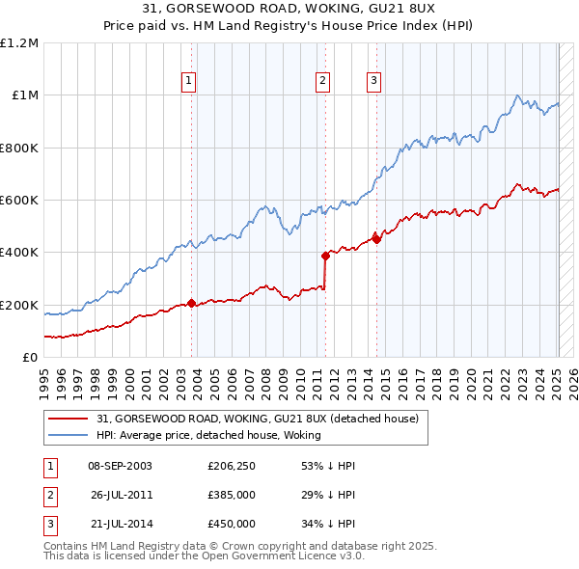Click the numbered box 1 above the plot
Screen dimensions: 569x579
pos(188,82)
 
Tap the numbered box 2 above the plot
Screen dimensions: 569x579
pos(322,82)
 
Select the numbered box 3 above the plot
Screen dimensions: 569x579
pos(373,82)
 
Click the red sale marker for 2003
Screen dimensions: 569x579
pos(191,303)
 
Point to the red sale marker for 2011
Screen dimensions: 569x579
pos(325,256)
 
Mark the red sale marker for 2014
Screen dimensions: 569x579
pos(376,239)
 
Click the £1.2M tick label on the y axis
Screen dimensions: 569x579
pos(19,43)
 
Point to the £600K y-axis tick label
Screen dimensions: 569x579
pos(18,201)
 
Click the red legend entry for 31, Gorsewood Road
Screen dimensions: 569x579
pos(257,420)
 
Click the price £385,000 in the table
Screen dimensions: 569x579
pos(232,495)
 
